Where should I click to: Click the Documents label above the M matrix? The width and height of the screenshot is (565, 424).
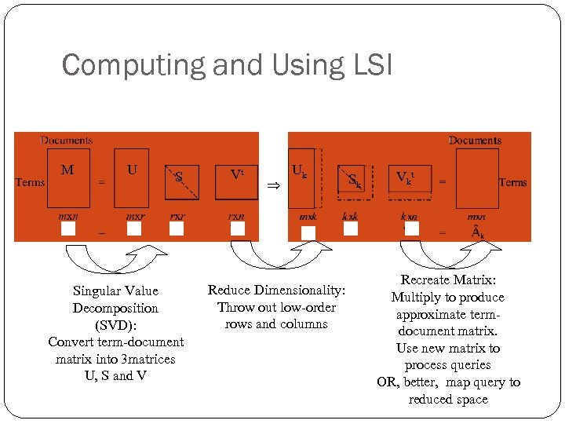pyautogui.click(x=66, y=141)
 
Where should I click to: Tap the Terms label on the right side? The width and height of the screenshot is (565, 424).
pyautogui.click(x=512, y=182)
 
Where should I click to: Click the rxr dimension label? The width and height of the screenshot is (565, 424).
pyautogui.click(x=178, y=216)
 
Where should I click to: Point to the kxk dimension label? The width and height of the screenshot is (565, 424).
pyautogui.click(x=350, y=216)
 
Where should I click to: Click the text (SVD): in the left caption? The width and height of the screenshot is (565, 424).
pyautogui.click(x=115, y=325)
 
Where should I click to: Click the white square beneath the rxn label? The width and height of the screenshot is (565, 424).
pyautogui.click(x=238, y=228)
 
